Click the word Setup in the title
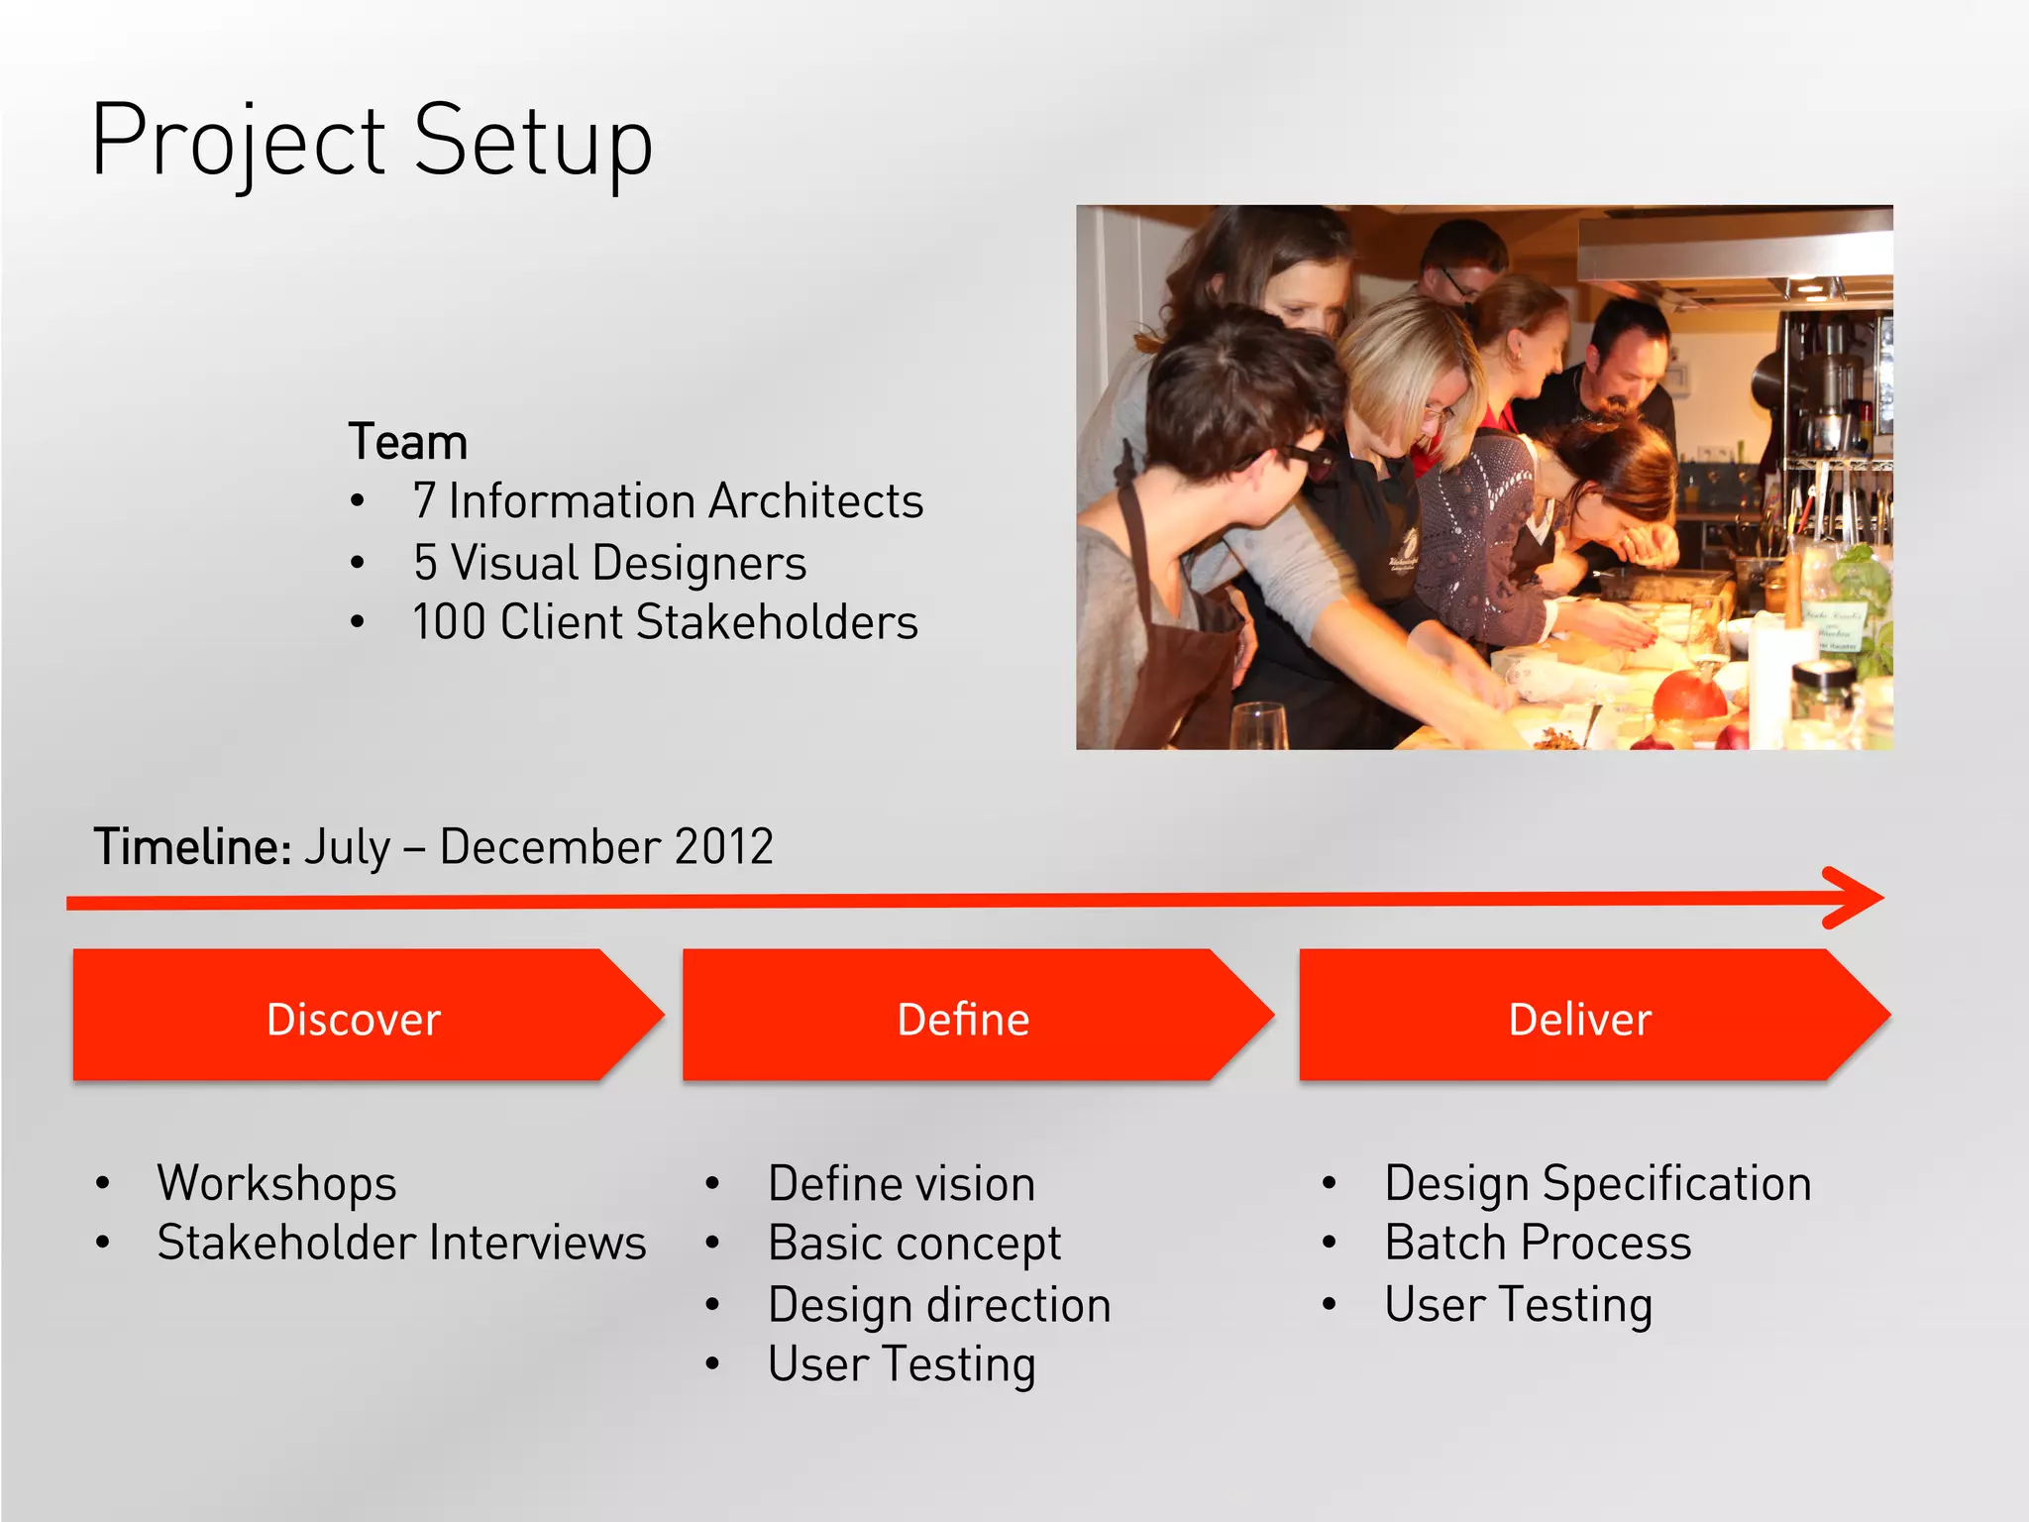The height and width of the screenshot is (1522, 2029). (532, 141)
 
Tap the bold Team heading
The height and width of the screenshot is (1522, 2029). (407, 442)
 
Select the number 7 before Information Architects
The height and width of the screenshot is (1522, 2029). (424, 501)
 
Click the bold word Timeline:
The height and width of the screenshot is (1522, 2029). (192, 847)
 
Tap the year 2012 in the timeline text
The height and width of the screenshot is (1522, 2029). (723, 847)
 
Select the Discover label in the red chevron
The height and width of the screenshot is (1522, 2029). (354, 1020)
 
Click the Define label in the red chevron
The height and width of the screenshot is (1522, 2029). (963, 1020)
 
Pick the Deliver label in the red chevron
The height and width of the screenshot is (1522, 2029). (1579, 1020)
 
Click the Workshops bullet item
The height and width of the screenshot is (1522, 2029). (276, 1183)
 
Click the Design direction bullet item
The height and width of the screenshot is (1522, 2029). (939, 1305)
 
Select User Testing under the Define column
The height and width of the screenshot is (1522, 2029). (902, 1364)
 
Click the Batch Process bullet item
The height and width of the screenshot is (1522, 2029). (1538, 1243)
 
